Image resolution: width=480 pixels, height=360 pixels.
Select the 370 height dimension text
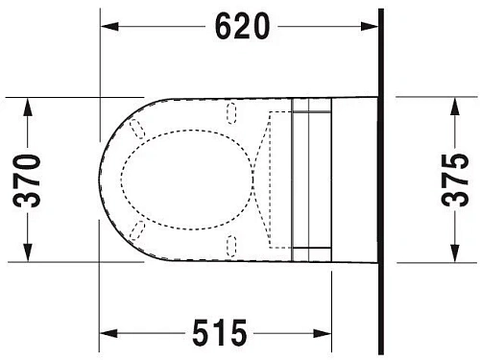(30, 179)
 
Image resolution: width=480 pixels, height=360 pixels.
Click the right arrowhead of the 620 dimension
(372, 29)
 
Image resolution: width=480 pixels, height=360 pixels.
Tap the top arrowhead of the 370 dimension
(30, 104)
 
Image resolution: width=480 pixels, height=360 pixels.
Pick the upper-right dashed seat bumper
(231, 115)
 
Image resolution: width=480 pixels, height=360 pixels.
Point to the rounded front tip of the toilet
(102, 179)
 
